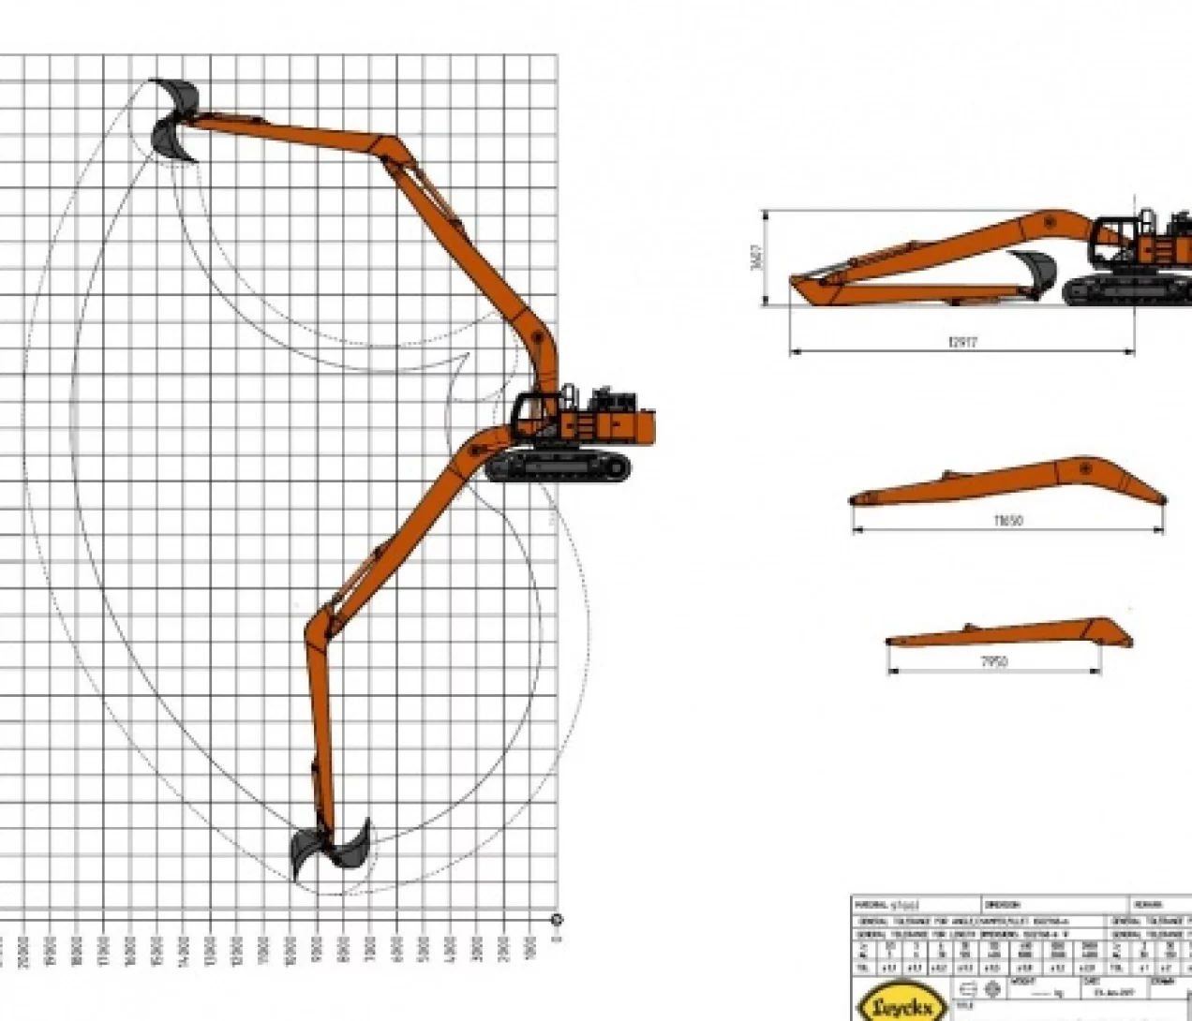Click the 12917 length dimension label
[x=962, y=342]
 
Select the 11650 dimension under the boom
[x=1007, y=520]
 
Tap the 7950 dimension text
[x=993, y=661]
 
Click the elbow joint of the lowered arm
[x=319, y=622]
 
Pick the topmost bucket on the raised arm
[x=176, y=95]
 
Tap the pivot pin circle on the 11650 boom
[x=1085, y=466]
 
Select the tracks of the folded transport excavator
[x=1125, y=290]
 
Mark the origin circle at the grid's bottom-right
[x=557, y=920]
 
